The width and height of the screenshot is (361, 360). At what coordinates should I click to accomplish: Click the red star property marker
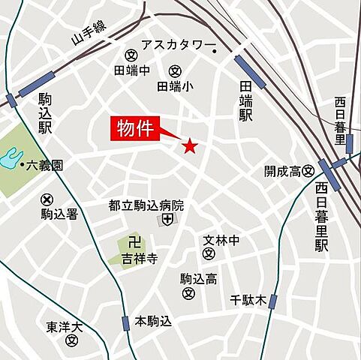(190, 145)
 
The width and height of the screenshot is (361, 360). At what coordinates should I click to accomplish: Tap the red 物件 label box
(135, 128)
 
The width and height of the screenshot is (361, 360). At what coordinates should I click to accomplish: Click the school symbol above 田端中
(131, 55)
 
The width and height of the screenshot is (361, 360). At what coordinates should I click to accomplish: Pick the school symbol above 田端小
(175, 71)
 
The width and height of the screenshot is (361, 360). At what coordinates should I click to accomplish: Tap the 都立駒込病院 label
(146, 205)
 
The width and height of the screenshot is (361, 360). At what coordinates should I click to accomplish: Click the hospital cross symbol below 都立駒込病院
(167, 220)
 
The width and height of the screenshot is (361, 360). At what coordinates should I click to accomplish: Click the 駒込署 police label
(59, 214)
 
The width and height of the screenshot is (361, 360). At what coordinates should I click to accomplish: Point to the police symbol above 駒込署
(47, 199)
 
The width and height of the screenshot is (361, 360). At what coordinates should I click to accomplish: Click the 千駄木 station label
(248, 301)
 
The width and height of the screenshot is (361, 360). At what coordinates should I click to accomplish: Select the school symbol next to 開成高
(308, 172)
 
